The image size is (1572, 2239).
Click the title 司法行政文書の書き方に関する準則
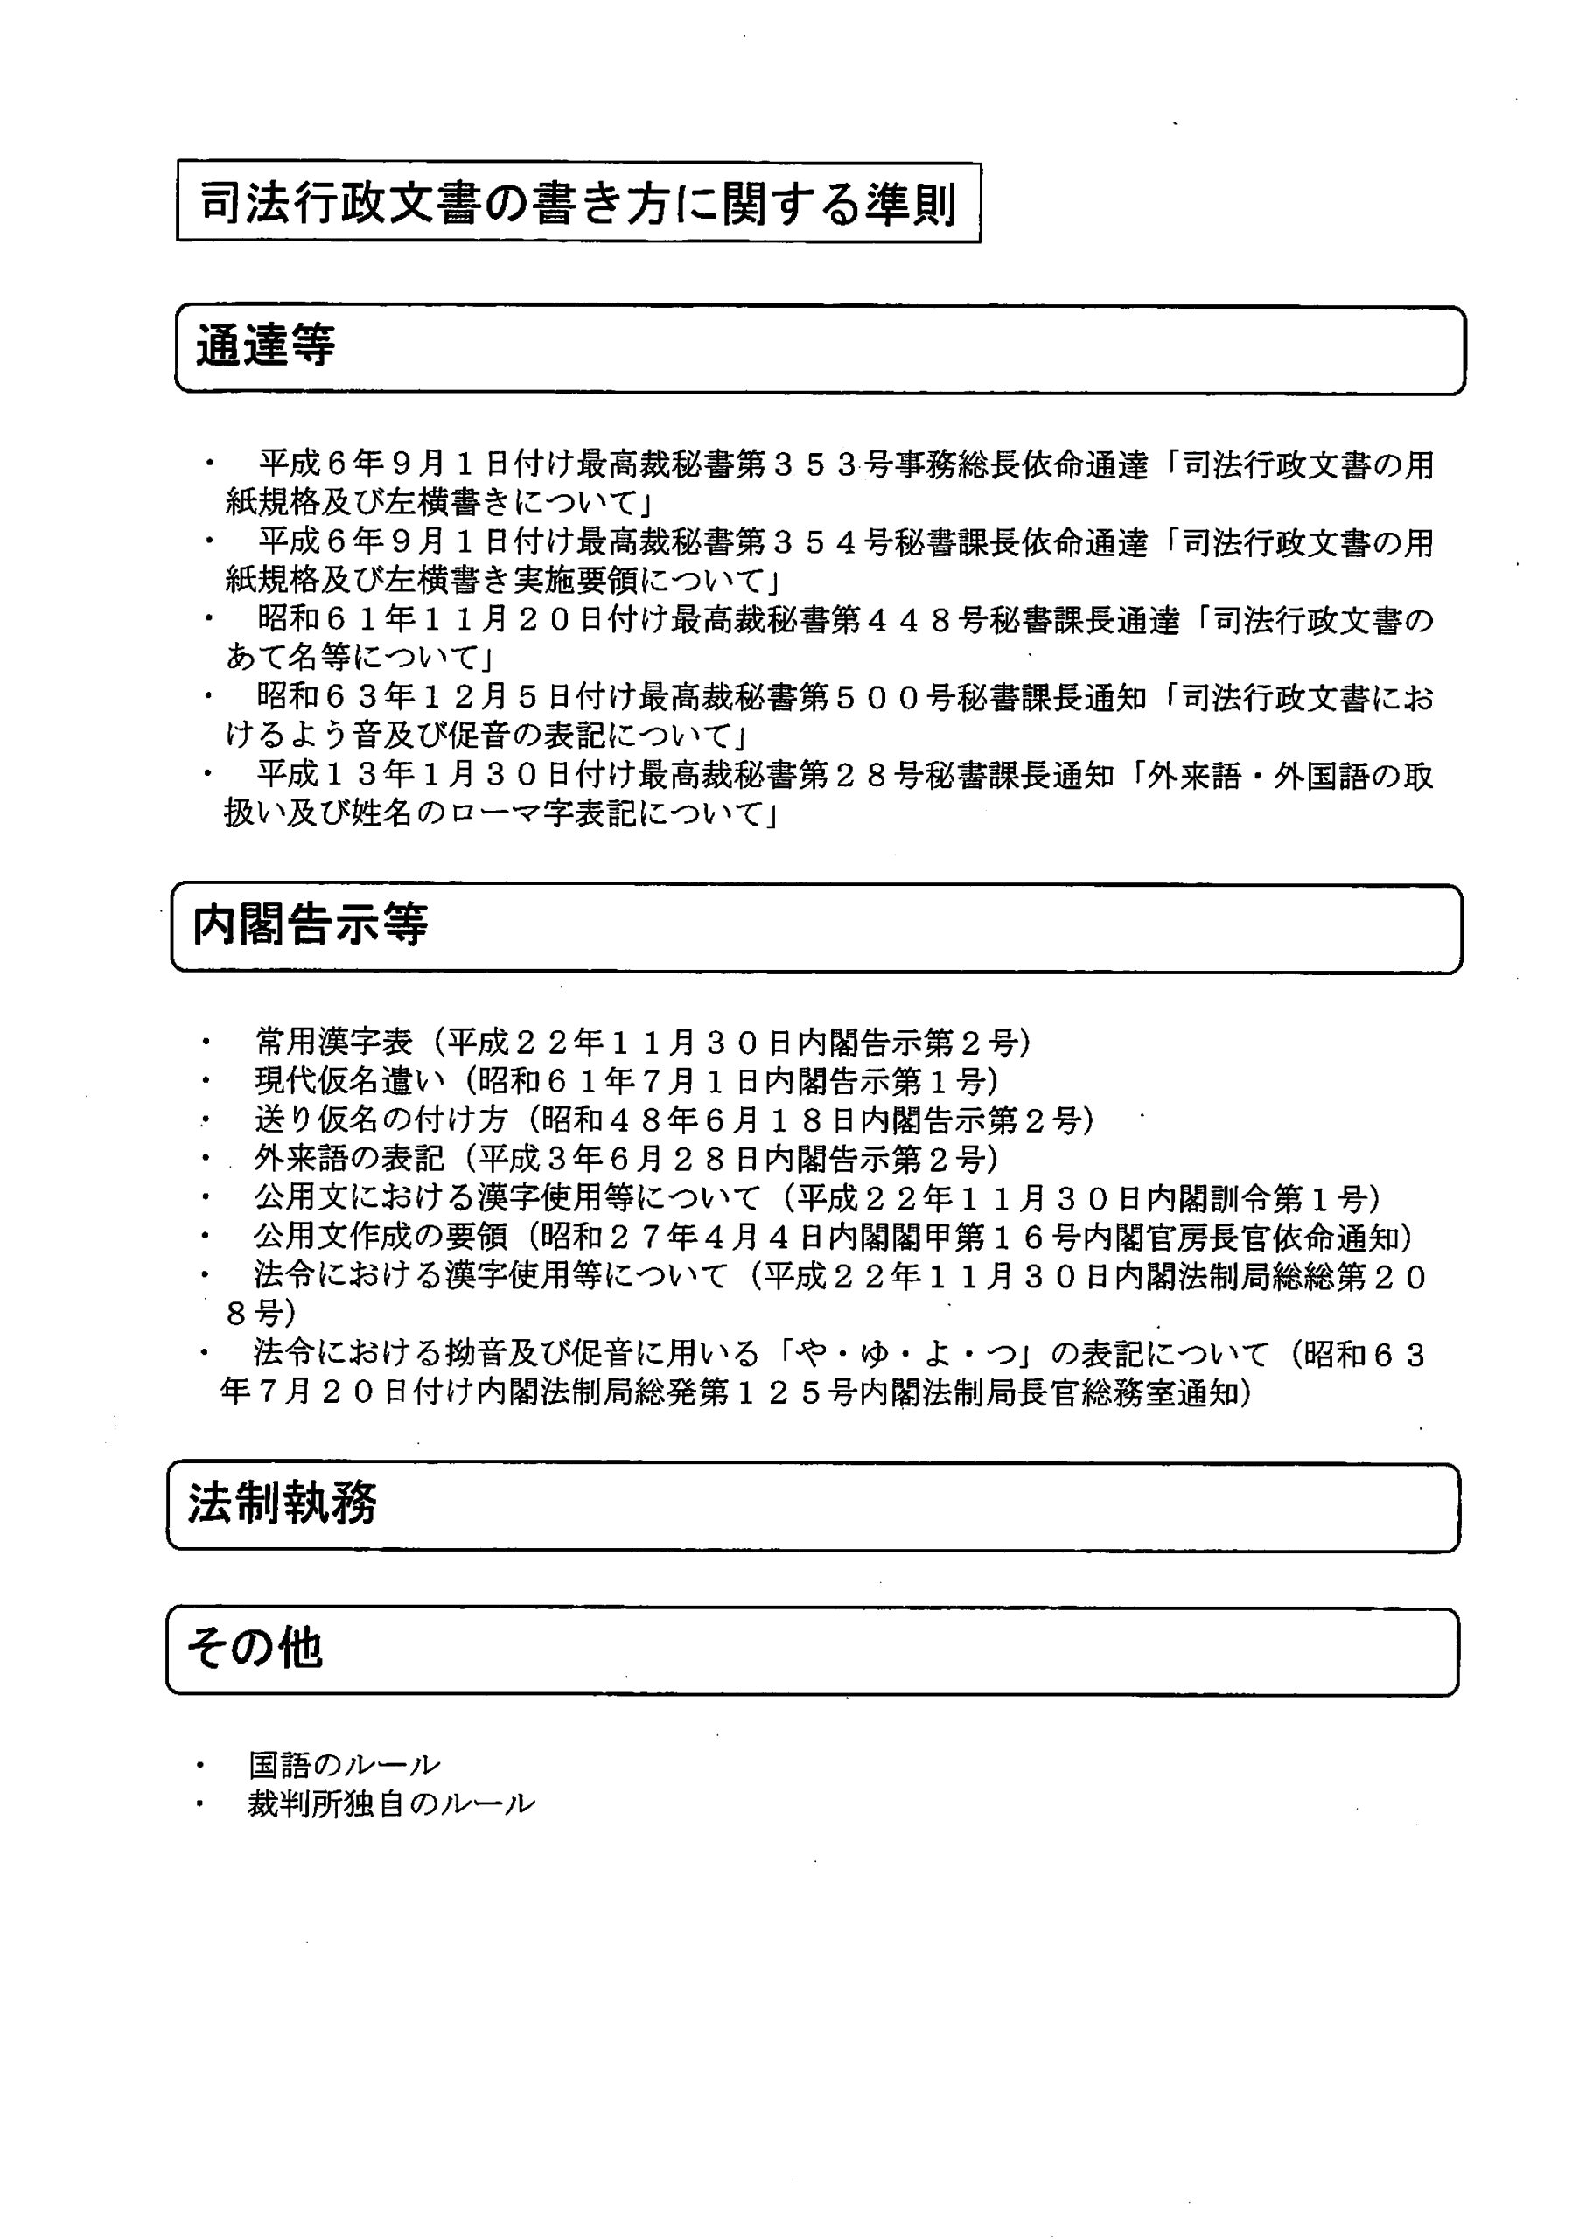click(577, 204)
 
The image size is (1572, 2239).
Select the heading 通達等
click(265, 346)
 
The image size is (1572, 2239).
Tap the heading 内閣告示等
click(310, 924)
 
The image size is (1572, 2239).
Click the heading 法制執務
click(283, 1503)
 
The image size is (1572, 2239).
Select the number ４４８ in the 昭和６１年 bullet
click(911, 620)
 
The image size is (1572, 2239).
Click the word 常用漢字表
click(333, 1043)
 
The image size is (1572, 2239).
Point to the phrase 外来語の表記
click(349, 1159)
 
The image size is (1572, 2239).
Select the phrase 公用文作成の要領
click(381, 1237)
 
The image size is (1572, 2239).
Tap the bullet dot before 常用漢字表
click(206, 1043)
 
